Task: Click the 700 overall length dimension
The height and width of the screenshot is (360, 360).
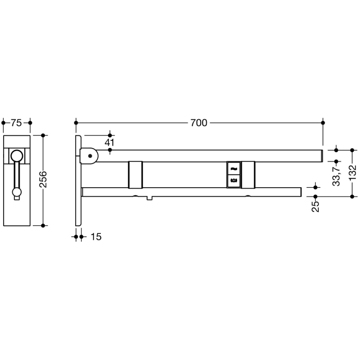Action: (x=199, y=123)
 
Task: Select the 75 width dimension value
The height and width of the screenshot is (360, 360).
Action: (x=16, y=123)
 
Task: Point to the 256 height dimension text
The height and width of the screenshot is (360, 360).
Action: (x=43, y=180)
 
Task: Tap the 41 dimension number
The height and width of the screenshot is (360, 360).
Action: (x=109, y=142)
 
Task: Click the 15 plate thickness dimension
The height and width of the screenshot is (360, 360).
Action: (x=96, y=237)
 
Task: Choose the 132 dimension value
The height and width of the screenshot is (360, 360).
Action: (x=352, y=173)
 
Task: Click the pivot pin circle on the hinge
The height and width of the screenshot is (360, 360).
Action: (x=91, y=155)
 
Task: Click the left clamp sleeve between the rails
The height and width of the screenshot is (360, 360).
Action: (x=136, y=174)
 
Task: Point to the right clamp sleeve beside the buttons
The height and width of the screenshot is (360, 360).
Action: (x=248, y=174)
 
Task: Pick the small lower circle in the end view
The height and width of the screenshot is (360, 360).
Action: (x=17, y=192)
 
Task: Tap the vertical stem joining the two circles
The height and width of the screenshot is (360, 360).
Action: (x=17, y=175)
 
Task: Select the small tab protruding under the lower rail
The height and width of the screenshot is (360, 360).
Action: (x=149, y=198)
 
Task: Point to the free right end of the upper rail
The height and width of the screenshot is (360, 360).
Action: (x=320, y=155)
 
